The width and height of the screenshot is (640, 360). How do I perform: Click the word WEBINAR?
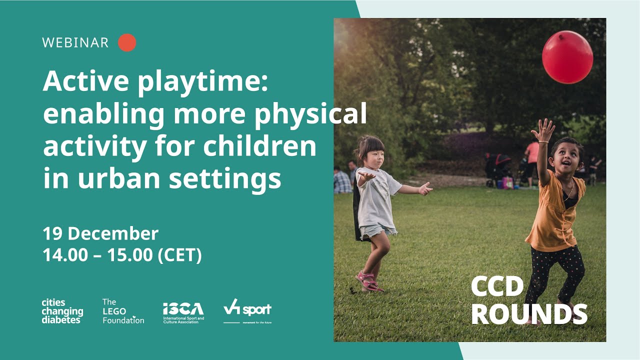[75, 42]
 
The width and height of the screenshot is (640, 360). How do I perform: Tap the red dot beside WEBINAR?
[127, 42]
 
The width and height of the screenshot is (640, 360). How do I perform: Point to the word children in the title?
[259, 147]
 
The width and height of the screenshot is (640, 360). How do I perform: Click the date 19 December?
[100, 233]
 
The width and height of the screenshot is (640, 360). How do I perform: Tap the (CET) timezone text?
[179, 255]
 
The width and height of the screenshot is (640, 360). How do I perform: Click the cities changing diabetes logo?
[62, 311]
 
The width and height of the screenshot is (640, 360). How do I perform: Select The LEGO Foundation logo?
[122, 311]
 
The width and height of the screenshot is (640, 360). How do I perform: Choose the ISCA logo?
[183, 312]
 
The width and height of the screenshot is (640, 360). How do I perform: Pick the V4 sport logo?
[247, 310]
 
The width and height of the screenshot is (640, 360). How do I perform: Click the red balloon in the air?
[567, 56]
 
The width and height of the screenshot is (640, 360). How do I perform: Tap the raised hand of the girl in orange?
[543, 130]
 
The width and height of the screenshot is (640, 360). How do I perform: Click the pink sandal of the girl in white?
[368, 281]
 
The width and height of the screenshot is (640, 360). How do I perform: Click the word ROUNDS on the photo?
[528, 313]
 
